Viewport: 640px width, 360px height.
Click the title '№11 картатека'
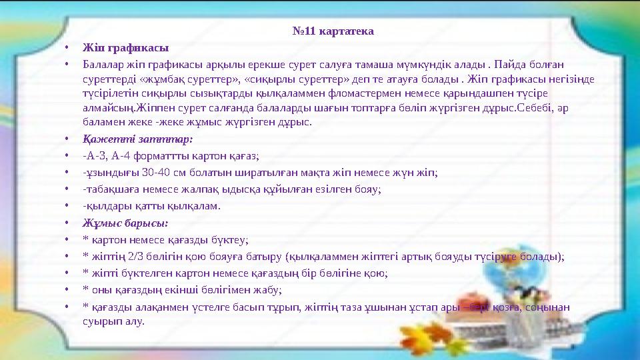coord(333,31)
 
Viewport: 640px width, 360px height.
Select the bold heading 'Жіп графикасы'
coord(125,48)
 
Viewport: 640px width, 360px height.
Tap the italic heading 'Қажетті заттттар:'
coord(137,139)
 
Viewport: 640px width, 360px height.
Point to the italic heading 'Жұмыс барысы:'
coord(125,223)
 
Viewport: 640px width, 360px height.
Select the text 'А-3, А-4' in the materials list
coord(105,156)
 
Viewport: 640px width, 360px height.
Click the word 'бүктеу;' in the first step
coord(231,239)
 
